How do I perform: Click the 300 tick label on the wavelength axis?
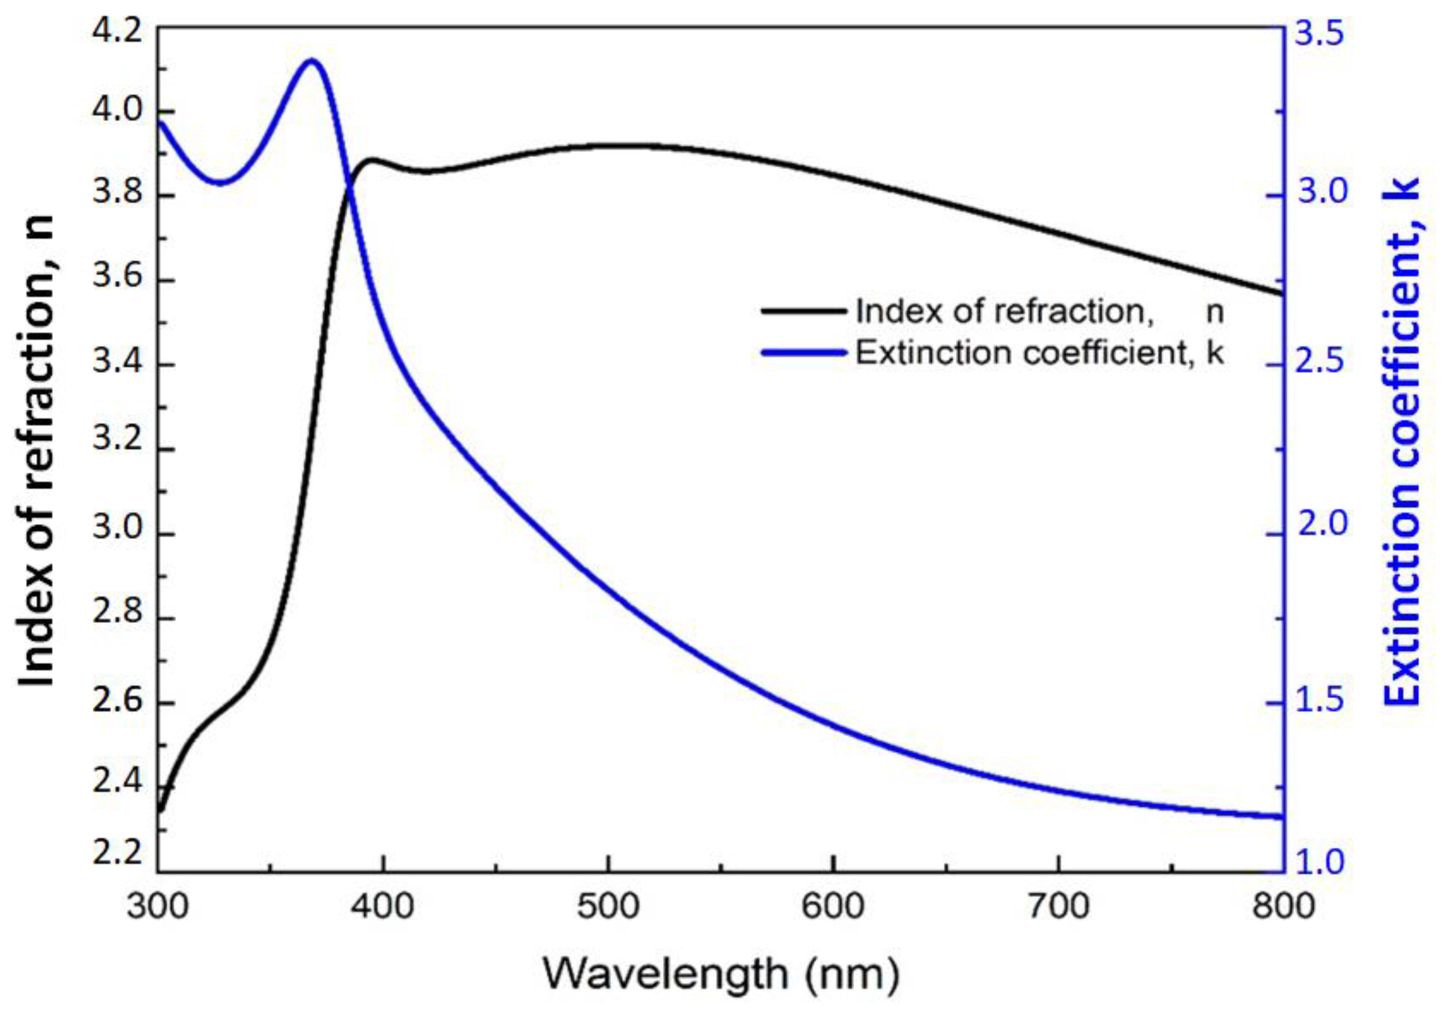(158, 907)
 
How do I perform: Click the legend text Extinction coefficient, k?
(1039, 353)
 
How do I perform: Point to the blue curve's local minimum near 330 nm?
(220, 183)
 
